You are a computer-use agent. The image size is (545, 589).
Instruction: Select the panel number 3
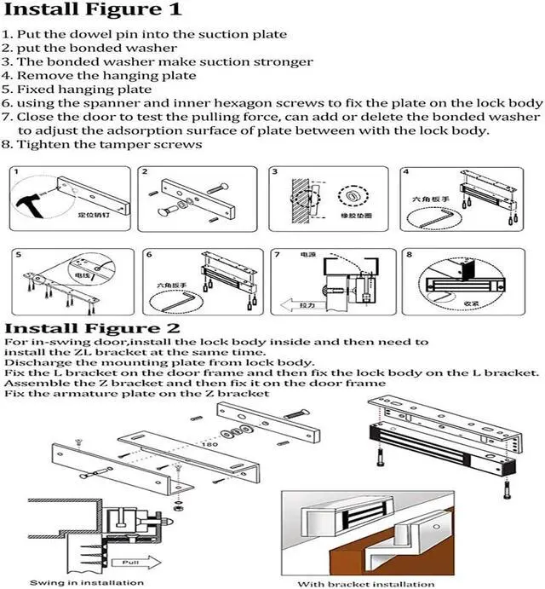[x=275, y=173]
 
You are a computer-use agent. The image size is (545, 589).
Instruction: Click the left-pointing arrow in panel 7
[x=300, y=304]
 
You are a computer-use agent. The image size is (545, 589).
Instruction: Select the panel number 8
[x=410, y=254]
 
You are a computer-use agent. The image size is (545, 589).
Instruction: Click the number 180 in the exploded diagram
[x=207, y=444]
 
